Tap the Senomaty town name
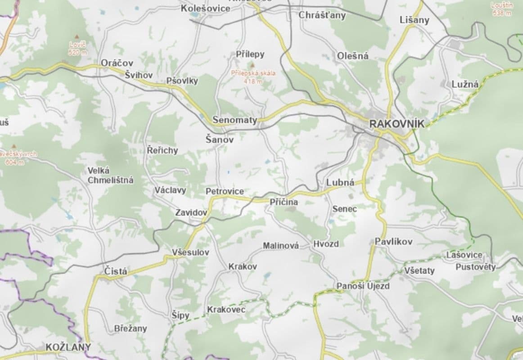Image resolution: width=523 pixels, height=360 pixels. click(234, 120)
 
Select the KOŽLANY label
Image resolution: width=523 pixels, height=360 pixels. click(68, 347)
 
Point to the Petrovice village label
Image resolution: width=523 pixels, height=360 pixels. click(225, 191)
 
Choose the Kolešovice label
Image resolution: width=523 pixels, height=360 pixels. click(205, 9)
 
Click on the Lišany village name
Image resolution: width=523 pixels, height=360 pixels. click(415, 20)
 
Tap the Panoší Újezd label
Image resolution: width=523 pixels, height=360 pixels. click(363, 286)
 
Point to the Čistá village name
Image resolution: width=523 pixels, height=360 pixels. click(116, 271)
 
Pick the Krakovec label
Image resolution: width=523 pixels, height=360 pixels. click(226, 310)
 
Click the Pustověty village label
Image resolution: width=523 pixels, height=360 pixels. click(475, 267)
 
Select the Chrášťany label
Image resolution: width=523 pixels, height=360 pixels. click(322, 15)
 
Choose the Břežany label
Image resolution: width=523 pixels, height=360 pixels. click(131, 328)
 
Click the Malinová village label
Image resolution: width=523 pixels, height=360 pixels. click(281, 246)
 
